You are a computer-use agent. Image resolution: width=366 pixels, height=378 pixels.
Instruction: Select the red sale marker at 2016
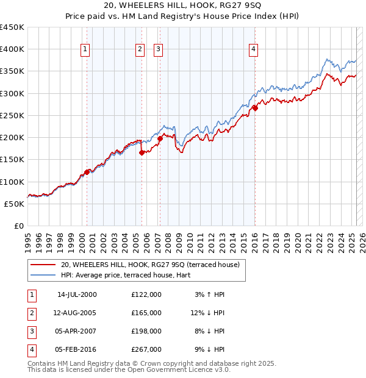255,108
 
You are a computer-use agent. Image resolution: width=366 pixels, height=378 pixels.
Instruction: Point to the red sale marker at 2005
142,153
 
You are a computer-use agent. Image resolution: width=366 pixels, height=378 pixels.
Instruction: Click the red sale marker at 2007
160,138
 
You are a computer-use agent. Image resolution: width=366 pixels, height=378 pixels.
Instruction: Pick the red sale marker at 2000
87,172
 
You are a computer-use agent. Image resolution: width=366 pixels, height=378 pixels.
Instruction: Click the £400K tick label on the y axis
12,49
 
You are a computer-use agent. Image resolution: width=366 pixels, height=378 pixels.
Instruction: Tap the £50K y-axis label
15,204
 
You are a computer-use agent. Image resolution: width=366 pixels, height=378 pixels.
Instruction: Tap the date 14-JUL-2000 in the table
77,294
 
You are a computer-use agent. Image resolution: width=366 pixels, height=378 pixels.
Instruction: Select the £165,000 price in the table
146,313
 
